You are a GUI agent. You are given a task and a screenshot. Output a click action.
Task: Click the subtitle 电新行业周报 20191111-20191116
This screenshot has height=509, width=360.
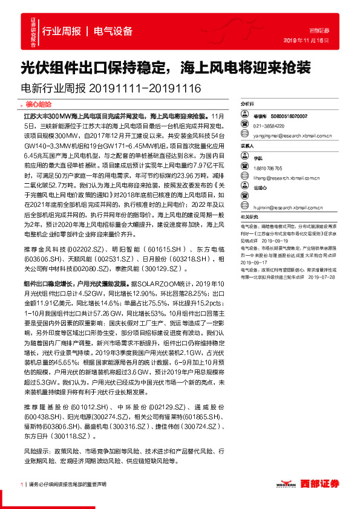[x=111, y=89]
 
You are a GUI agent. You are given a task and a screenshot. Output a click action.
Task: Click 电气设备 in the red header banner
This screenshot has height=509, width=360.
[x=113, y=30]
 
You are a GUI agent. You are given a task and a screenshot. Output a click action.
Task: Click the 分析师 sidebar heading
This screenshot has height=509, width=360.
[x=248, y=104]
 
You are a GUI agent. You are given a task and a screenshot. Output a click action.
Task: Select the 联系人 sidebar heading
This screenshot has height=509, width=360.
[x=248, y=146]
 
